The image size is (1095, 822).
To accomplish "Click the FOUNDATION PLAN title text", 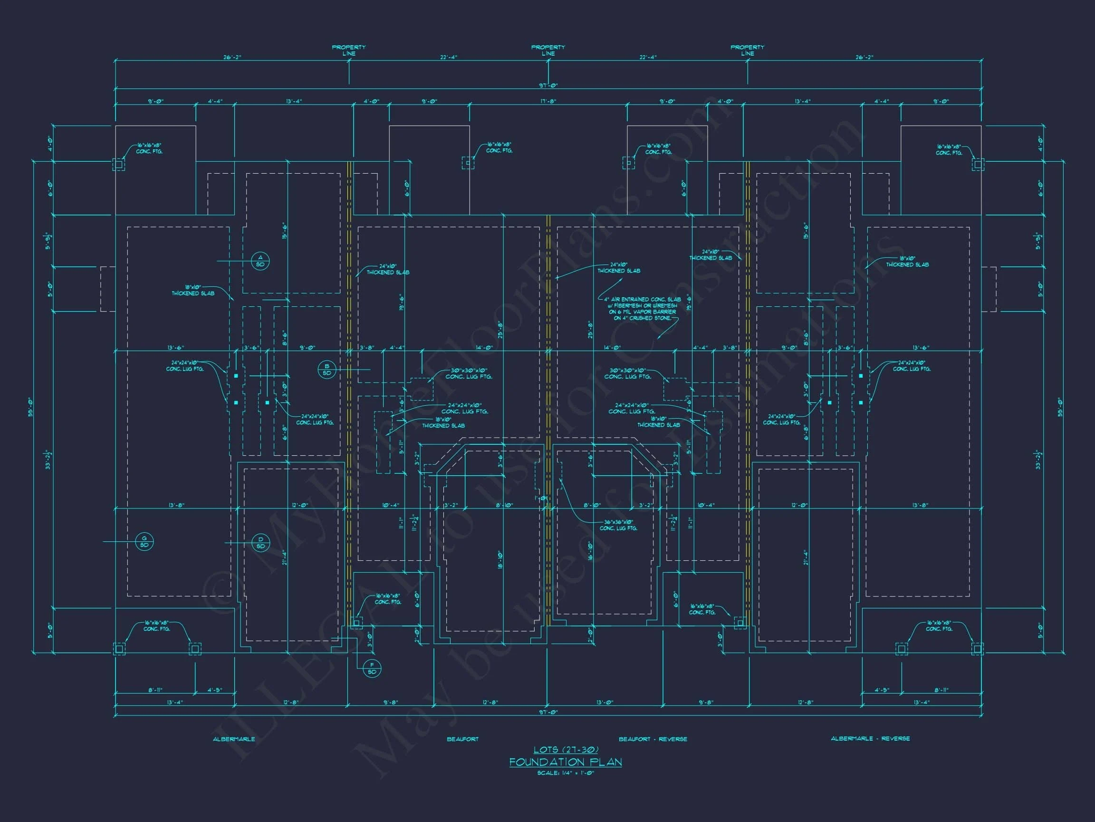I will (565, 762).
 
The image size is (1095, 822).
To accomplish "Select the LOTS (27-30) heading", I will (565, 750).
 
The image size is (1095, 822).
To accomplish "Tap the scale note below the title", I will (565, 773).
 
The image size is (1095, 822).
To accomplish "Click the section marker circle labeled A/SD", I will (260, 261).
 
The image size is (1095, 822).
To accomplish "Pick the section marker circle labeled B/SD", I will (327, 370).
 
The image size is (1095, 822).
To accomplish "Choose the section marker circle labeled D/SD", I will (261, 543).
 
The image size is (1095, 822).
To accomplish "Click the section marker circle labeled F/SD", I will (372, 668).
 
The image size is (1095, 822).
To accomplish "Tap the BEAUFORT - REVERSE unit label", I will (653, 739).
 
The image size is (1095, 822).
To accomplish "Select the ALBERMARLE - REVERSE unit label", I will (870, 738).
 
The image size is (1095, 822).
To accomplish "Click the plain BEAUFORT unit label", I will (462, 739).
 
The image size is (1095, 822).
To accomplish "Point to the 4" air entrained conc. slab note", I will (642, 309).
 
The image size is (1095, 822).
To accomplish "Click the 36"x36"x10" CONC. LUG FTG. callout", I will (618, 525).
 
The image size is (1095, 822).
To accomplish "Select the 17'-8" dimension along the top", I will (548, 101).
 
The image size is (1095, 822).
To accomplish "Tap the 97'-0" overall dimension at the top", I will (548, 86).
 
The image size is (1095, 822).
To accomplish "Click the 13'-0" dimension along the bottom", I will (605, 702).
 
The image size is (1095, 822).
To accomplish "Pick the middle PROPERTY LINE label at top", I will (548, 50).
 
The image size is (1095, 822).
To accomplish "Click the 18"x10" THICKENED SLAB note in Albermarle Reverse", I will (907, 262).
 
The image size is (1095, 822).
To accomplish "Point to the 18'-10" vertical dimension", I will (500, 560).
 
